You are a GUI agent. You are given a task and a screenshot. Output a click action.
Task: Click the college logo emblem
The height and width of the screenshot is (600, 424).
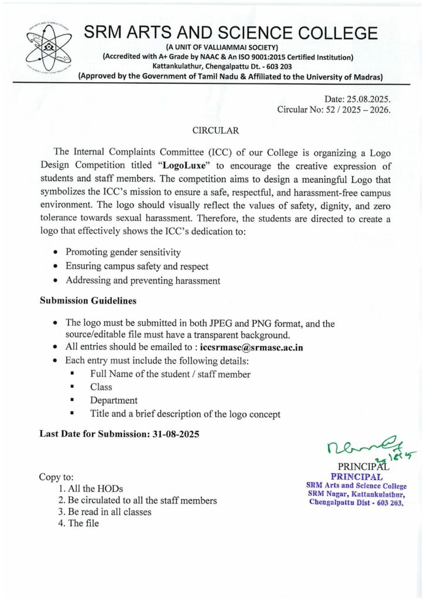[48, 52]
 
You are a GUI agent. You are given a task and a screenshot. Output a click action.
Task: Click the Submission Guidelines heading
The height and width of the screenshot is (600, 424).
[88, 301]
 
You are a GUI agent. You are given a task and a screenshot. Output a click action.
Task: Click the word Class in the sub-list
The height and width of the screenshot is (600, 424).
[101, 387]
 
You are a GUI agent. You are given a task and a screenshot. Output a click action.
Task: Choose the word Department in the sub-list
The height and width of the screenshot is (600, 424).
[114, 400]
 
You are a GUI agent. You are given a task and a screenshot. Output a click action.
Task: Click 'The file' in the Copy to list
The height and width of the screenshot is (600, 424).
[84, 523]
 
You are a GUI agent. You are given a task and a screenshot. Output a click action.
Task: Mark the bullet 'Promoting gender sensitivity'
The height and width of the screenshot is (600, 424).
[123, 253]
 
